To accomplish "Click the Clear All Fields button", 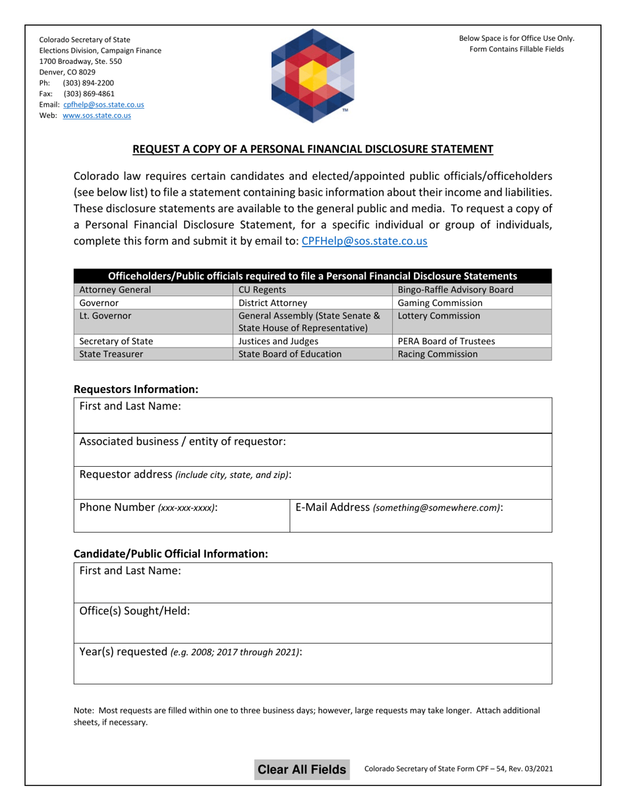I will click(x=302, y=769).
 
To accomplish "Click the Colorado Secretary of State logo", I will click(x=313, y=76).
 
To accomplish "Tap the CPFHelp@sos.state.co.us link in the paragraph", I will click(x=364, y=241).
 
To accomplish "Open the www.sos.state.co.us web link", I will click(x=96, y=115).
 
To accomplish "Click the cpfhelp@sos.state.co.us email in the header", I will click(x=103, y=105).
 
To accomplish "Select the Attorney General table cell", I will click(x=153, y=289).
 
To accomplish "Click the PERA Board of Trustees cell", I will click(x=471, y=341).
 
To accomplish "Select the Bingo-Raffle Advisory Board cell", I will click(x=471, y=289).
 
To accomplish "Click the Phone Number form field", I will click(x=181, y=516).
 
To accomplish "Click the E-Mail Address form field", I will click(x=420, y=516).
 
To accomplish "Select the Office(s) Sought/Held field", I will click(x=313, y=624).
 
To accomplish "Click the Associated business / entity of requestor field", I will click(x=313, y=450).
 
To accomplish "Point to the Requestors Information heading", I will click(x=136, y=390).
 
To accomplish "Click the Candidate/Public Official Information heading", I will click(x=171, y=554).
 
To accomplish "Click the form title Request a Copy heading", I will click(x=313, y=149).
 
